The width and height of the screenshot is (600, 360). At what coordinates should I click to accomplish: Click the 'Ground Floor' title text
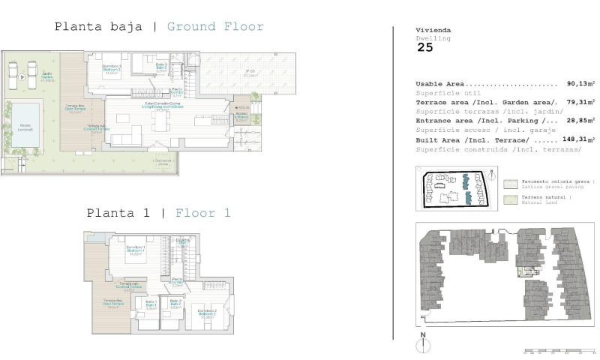tap(215, 27)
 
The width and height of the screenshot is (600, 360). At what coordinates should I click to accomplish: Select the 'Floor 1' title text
tap(202, 213)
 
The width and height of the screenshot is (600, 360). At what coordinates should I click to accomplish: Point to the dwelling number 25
tap(424, 47)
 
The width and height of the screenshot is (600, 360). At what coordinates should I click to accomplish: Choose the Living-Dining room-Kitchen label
tap(157, 106)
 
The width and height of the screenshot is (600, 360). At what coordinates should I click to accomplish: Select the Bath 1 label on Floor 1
tap(150, 305)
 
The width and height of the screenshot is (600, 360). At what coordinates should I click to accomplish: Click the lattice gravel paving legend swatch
tap(511, 183)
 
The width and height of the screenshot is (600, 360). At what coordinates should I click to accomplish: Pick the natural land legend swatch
tap(511, 199)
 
